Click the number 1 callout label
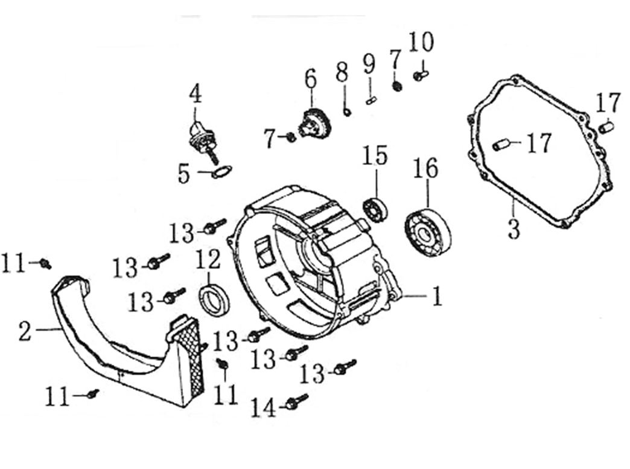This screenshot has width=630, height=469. pos(436,297)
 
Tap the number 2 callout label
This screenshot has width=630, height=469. pos(24,331)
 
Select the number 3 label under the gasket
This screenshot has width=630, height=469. pos(513,230)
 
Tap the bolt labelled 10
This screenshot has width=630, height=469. pos(421,76)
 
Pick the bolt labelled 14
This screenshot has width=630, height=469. pos(296,402)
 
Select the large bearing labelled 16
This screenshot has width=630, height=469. pos(428,231)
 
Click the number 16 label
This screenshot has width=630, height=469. pos(425,169)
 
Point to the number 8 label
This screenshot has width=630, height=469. pos(342,73)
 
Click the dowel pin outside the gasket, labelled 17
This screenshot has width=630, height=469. pos(606,128)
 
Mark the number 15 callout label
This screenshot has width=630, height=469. pos(375,155)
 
